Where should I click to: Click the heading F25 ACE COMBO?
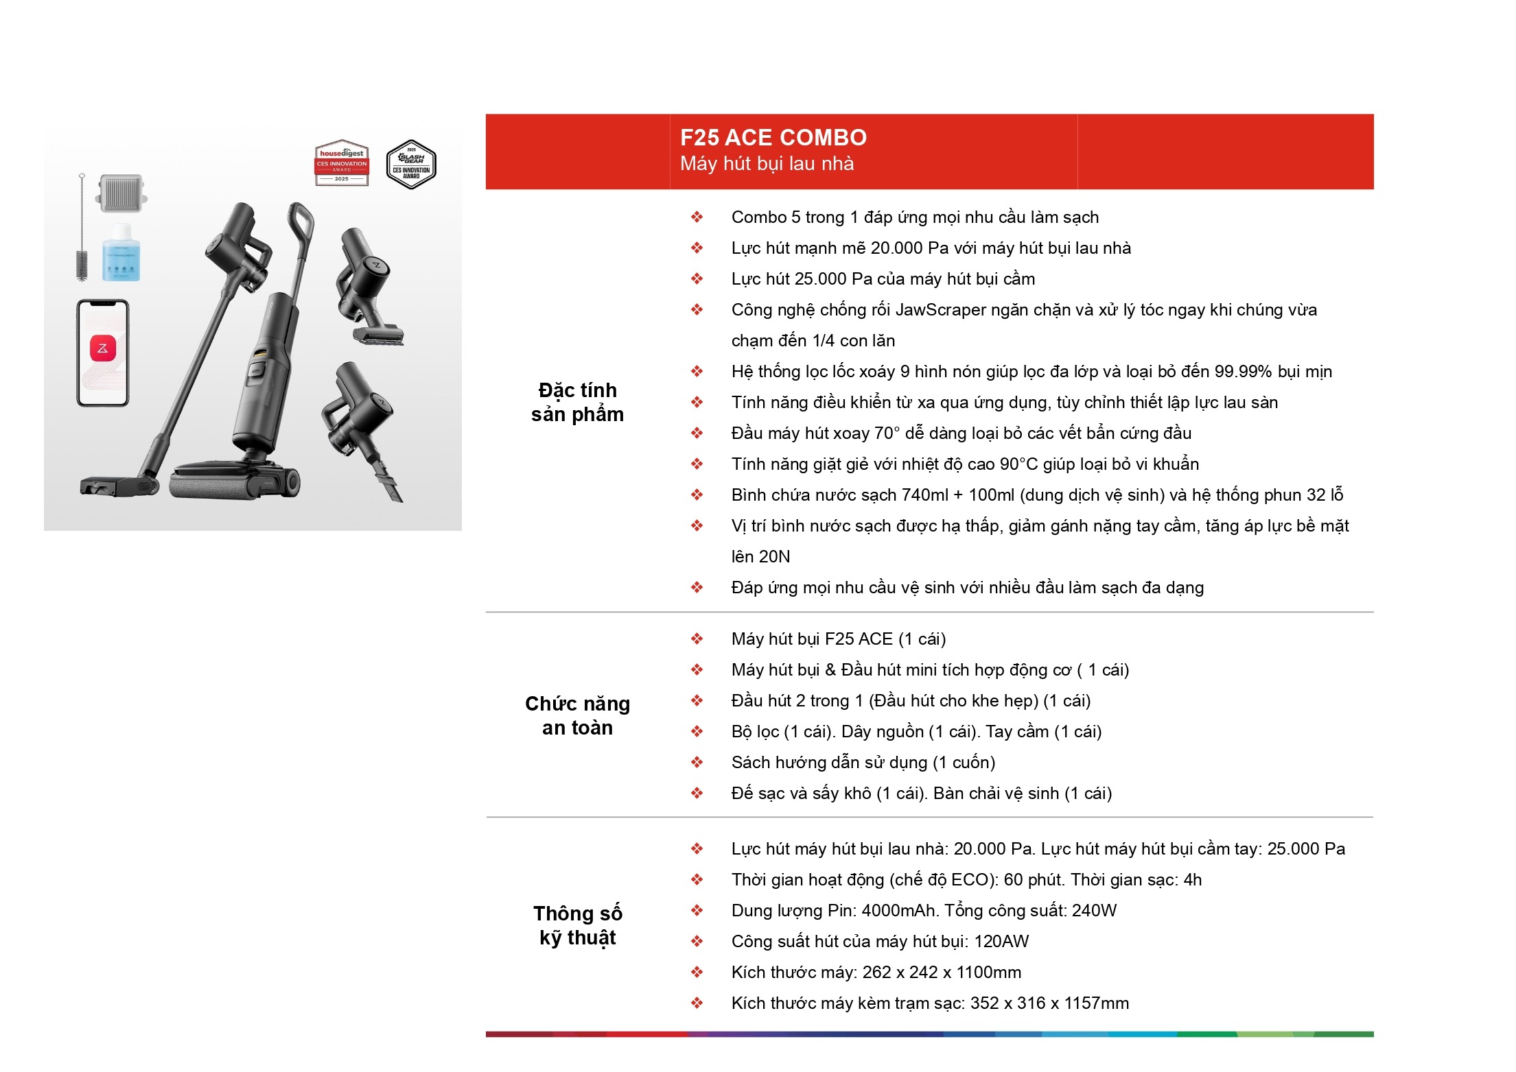(773, 138)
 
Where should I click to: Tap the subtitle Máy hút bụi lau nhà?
(767, 164)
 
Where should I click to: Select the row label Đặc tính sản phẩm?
(578, 402)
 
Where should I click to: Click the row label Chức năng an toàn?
(578, 715)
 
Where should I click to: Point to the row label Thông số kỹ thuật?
(578, 925)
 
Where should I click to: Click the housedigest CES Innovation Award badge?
(342, 165)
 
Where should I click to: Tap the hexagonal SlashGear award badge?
(411, 165)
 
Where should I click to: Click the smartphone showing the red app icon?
(102, 353)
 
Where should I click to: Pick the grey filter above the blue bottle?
(122, 193)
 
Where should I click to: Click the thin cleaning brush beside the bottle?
(82, 228)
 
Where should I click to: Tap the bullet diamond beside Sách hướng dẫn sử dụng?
(697, 762)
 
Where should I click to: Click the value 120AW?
(1001, 942)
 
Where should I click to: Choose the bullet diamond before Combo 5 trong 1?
(697, 217)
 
